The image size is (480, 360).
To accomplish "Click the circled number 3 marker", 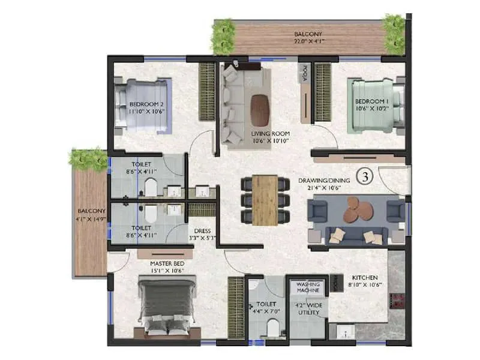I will (364, 176).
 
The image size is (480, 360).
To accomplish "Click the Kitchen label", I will (365, 278).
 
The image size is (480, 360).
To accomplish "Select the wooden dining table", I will (264, 200).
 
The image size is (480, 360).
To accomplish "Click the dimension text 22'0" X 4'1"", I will (310, 41).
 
